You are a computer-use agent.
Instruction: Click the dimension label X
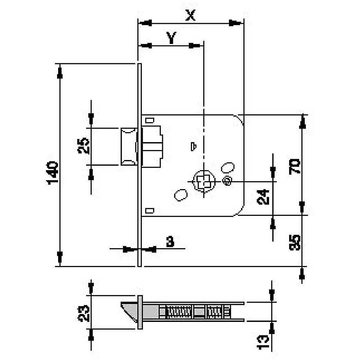pos(190,15)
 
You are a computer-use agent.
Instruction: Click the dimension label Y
pos(171,38)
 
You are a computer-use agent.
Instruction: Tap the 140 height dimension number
pos(53,173)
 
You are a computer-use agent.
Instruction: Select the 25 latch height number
pos(83,146)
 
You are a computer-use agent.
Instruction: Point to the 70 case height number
pos(295,166)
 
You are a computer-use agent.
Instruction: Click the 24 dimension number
pos(263,197)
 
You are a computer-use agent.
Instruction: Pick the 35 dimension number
pos(295,242)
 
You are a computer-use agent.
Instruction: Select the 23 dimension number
pos(83,313)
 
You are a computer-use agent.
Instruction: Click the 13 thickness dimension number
pos(263,342)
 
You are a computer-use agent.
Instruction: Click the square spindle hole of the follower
pos(204,181)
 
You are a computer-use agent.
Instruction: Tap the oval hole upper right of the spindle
pos(228,168)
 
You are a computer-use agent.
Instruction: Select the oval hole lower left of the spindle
pos(181,195)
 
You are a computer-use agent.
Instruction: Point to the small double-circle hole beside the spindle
pos(228,181)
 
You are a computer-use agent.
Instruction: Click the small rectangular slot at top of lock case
pos(150,120)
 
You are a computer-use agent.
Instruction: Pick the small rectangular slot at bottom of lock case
pos(150,210)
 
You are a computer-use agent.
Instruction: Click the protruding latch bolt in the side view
pos(129,147)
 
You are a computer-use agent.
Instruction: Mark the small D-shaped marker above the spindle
pos(194,147)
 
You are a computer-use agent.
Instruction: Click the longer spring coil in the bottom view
pos(179,312)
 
